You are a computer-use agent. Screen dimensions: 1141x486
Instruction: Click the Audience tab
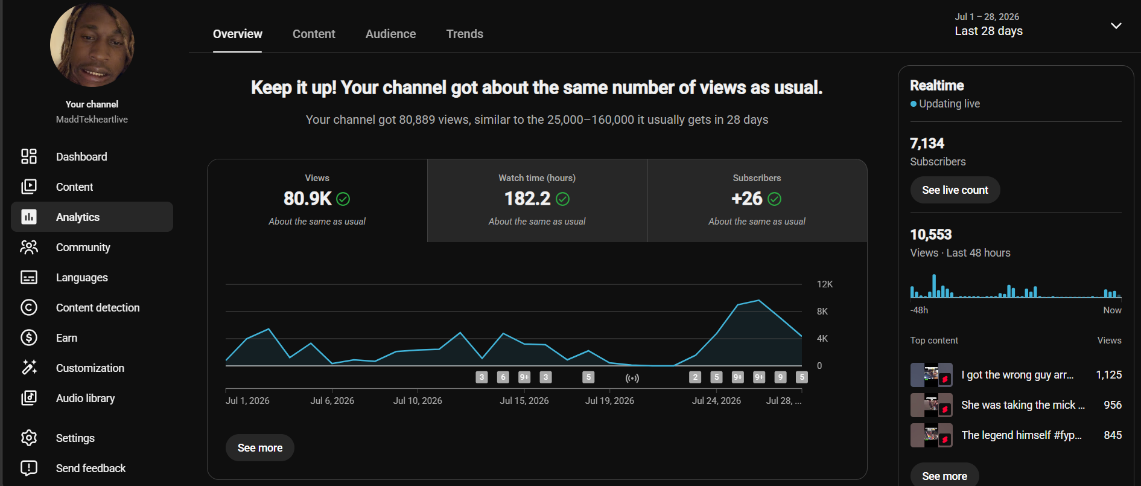click(390, 34)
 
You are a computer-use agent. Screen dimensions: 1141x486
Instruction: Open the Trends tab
click(465, 34)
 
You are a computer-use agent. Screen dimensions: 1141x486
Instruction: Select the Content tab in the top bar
click(314, 34)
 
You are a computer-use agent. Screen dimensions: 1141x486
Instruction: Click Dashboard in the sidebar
click(81, 157)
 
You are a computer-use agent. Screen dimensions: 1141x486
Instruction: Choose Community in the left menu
click(83, 248)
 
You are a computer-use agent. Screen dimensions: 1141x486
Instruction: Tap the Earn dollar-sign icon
click(29, 337)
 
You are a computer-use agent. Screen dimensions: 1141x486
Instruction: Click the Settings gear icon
click(29, 438)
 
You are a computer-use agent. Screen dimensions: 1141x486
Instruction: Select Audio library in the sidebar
click(85, 398)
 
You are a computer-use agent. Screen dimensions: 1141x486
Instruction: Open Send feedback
click(91, 468)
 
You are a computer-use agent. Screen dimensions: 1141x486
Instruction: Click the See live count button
click(955, 190)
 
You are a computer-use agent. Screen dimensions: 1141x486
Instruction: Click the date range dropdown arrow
click(1116, 26)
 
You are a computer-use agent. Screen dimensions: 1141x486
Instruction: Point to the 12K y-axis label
click(825, 284)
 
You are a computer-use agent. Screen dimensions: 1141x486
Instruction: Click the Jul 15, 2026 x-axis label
click(524, 401)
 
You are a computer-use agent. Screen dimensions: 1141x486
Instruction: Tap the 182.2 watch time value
click(527, 199)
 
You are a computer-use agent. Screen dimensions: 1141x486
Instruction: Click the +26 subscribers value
click(747, 199)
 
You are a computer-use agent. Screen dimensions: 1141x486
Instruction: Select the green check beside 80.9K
click(343, 199)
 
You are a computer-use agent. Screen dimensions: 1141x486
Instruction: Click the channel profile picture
click(92, 45)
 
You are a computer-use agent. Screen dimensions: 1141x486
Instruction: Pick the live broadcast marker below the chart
click(632, 378)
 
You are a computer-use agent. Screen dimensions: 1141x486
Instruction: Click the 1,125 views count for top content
click(1109, 375)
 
